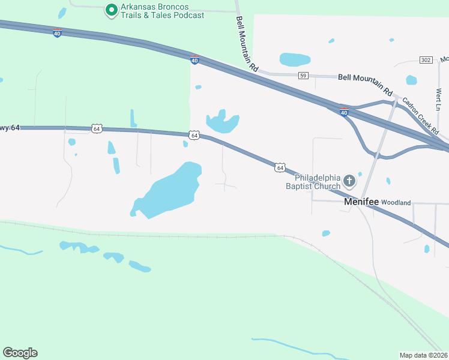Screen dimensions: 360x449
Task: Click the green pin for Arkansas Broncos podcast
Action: pos(110,10)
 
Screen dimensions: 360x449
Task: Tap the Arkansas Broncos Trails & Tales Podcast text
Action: pos(162,11)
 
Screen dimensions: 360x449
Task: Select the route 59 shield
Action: pos(303,75)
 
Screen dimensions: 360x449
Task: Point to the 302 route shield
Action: pos(426,60)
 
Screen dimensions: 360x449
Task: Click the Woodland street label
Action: pos(396,203)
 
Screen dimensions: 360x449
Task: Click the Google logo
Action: pos(20,352)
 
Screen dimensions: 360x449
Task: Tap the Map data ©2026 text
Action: pos(424,355)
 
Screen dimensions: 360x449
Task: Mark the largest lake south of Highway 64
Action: pos(168,191)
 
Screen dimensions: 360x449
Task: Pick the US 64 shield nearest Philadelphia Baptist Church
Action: pos(280,167)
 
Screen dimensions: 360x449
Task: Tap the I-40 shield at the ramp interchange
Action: pos(343,112)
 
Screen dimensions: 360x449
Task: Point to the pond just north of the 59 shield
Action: pos(295,59)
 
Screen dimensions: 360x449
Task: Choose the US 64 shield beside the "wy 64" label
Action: pos(97,128)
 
